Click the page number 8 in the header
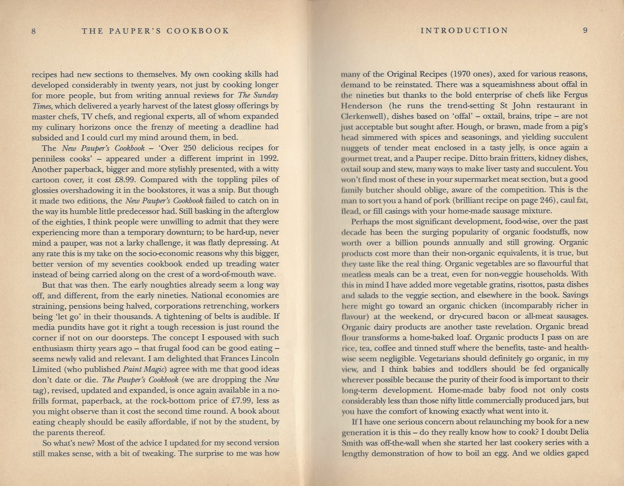(x=33, y=31)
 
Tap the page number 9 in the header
(x=585, y=30)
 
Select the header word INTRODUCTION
(x=464, y=30)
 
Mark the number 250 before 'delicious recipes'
(x=195, y=148)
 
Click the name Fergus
(x=575, y=95)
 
